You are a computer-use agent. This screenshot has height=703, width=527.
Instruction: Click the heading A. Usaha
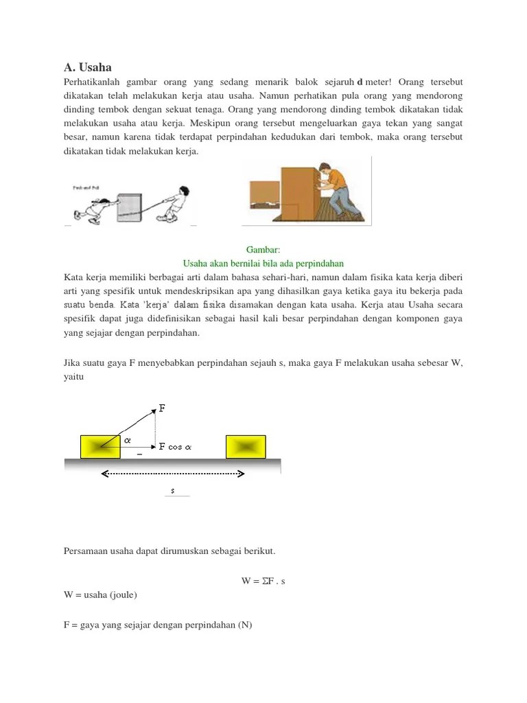(87, 67)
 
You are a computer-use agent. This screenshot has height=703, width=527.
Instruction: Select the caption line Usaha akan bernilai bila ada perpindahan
(263, 264)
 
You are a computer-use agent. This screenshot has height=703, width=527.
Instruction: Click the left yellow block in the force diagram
(101, 446)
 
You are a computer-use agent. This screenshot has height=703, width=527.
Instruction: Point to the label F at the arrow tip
(162, 408)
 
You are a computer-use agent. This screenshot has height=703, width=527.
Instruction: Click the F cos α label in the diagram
(176, 446)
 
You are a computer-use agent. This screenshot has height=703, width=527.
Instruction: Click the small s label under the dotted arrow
(173, 490)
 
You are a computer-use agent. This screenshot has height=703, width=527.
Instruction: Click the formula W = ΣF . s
(263, 581)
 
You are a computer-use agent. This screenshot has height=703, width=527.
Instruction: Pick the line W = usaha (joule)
(100, 595)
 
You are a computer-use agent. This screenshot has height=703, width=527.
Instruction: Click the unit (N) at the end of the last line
(245, 625)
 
